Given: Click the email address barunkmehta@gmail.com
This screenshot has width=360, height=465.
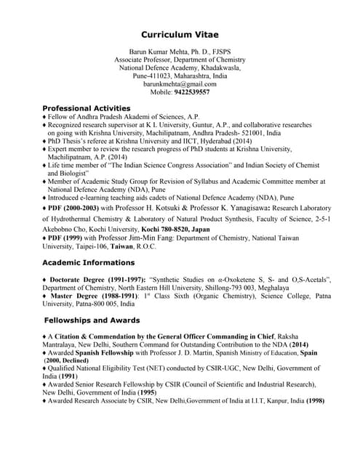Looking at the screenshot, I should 180,84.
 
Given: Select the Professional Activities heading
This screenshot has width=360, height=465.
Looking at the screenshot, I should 87,108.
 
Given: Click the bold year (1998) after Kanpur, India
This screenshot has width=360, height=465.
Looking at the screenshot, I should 315,400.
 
